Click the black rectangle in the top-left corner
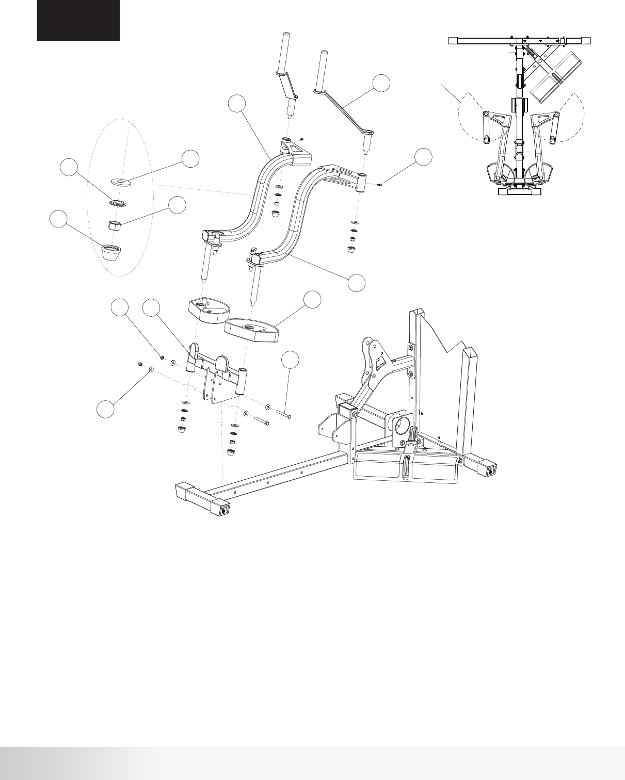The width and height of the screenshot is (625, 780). (x=78, y=21)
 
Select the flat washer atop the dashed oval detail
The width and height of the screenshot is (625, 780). (x=121, y=182)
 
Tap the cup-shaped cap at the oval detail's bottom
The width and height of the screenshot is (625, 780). (x=111, y=253)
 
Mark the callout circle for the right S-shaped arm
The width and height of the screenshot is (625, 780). (x=356, y=283)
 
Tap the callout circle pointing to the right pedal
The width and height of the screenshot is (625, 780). (x=312, y=301)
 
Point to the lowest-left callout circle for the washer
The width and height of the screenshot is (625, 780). (x=106, y=409)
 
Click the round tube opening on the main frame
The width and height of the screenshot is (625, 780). (x=402, y=421)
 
